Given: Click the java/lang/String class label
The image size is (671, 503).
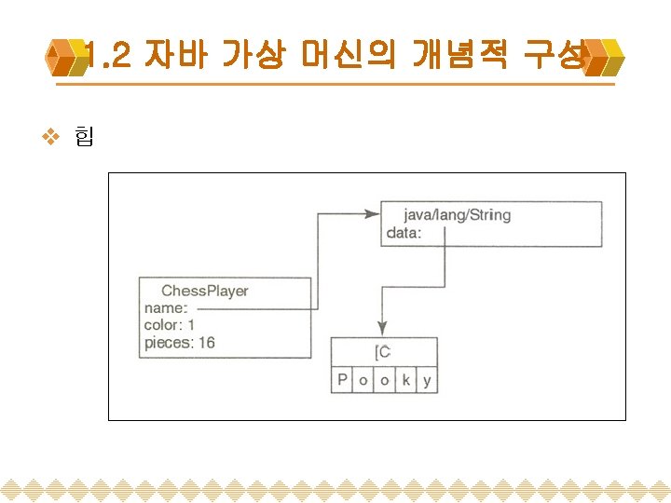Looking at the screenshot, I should pyautogui.click(x=457, y=215).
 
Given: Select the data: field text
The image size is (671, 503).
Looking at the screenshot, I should pyautogui.click(x=404, y=233).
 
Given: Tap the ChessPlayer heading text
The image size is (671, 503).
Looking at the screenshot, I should pyautogui.click(x=205, y=291).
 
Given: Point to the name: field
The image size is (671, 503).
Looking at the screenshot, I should pyautogui.click(x=166, y=308).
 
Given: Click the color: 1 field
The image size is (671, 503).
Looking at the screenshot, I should pyautogui.click(x=169, y=325).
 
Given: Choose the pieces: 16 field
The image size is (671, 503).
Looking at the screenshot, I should pyautogui.click(x=179, y=343).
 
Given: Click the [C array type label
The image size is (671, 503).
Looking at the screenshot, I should pyautogui.click(x=383, y=351).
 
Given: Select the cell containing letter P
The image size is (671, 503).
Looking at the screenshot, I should pyautogui.click(x=342, y=380).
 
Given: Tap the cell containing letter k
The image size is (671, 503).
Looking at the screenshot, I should pyautogui.click(x=406, y=380).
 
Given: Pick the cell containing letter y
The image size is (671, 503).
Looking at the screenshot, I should pyautogui.click(x=427, y=380).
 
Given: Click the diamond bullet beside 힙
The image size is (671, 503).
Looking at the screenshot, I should pyautogui.click(x=52, y=139).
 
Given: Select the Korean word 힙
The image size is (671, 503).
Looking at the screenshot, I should pyautogui.click(x=83, y=139).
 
